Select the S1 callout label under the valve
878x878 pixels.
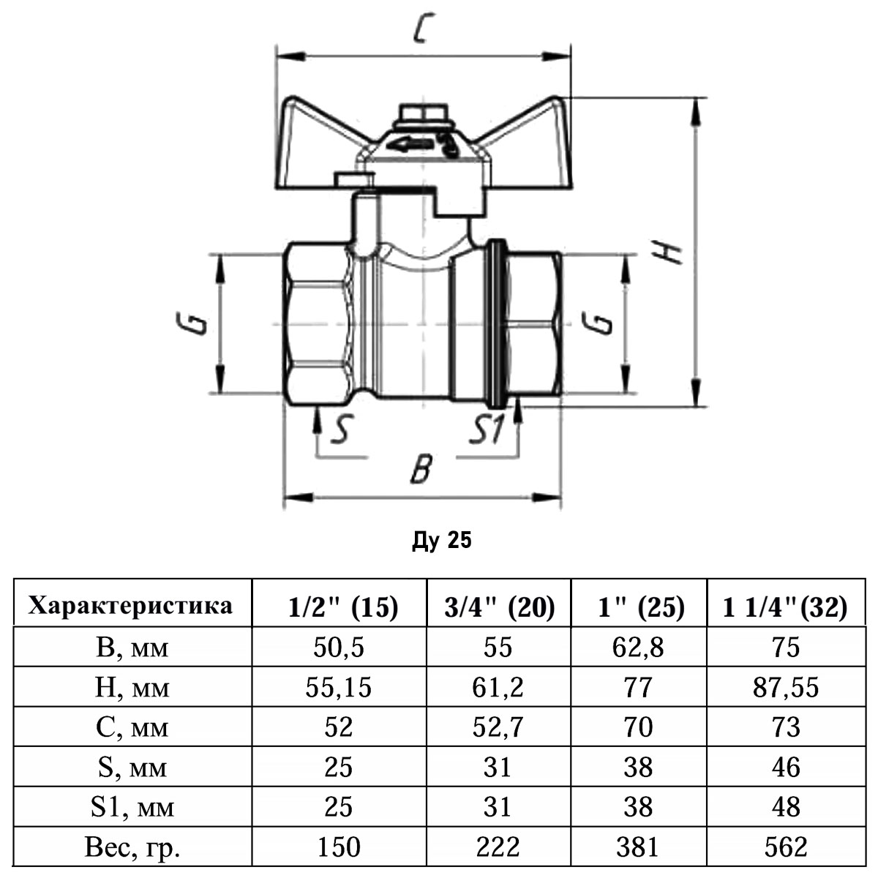coord(486,430)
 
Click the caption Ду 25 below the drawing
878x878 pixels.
coord(442,541)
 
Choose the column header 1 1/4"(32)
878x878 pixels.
coord(785,607)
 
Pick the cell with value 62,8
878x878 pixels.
coord(639,648)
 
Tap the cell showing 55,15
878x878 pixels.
coord(339,687)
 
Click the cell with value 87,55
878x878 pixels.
coord(785,687)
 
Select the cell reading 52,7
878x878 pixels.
coord(499,727)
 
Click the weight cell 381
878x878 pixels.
coord(639,847)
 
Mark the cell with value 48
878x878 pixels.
coord(785,807)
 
